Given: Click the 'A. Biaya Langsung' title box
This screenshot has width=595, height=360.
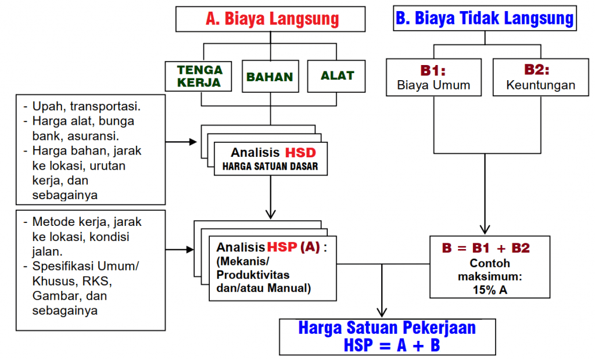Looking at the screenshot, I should point(271,19).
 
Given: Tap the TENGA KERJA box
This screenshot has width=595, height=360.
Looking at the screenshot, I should point(199,76).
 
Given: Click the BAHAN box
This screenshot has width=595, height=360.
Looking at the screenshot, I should point(270,77).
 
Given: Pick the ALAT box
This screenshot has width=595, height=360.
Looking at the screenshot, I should point(337,75).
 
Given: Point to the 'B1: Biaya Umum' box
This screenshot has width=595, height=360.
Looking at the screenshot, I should point(433,78).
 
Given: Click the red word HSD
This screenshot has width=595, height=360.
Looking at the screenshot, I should point(300,153).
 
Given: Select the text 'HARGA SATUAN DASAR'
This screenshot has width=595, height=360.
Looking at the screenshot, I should point(270,167).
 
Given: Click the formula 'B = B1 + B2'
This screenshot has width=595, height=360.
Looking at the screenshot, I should point(486,248).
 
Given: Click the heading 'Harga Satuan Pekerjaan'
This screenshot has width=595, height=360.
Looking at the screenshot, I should point(387,327).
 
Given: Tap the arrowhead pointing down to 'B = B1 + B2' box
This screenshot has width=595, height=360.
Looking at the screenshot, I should point(485,229).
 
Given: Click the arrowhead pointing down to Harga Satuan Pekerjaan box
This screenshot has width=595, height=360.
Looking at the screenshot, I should point(381,313).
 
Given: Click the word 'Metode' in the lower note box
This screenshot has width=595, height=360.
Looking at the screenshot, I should point(50,222).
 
